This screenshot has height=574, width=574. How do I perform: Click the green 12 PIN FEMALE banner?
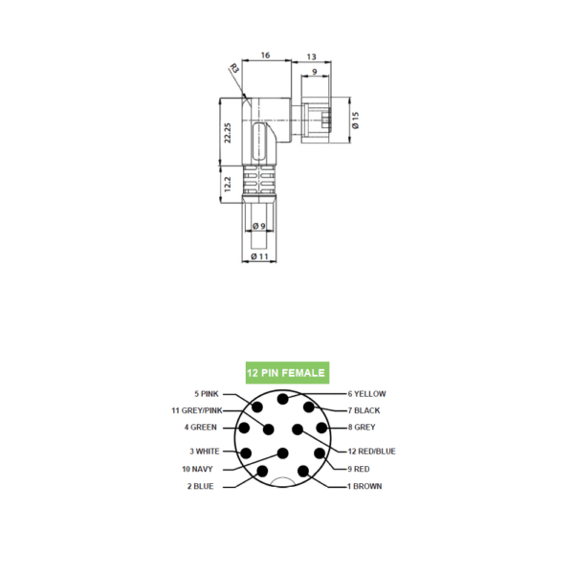pyautogui.click(x=287, y=373)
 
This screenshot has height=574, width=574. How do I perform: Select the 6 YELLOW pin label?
pyautogui.click(x=366, y=394)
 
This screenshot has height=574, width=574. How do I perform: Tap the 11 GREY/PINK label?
pyautogui.click(x=197, y=410)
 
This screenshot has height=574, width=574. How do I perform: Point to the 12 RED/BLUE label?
pyautogui.click(x=371, y=452)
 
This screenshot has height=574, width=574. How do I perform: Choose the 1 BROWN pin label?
pyautogui.click(x=364, y=486)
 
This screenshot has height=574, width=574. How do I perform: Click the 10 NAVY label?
pyautogui.click(x=197, y=469)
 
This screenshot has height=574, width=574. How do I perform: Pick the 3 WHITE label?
pyautogui.click(x=205, y=452)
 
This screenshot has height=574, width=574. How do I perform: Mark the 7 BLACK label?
pyautogui.click(x=364, y=410)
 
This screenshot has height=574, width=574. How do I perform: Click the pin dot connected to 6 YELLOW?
pyautogui.click(x=282, y=399)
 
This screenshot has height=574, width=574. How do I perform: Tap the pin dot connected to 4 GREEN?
pyautogui.click(x=244, y=428)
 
